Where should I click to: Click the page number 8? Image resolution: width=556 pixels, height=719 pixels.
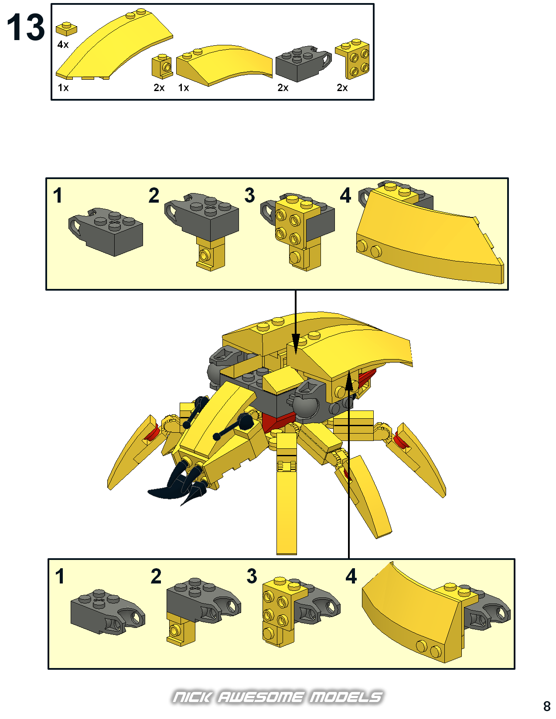point(547,706)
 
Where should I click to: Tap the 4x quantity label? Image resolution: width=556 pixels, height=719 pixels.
point(63,44)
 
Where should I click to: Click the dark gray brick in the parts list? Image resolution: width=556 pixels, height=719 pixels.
point(303,64)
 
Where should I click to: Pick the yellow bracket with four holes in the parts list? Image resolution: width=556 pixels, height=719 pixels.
point(353,58)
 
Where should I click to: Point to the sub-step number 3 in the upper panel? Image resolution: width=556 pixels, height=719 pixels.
point(250,195)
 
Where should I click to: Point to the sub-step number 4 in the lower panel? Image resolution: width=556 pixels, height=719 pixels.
point(351,576)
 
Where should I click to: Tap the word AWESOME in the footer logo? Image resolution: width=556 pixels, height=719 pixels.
point(260,697)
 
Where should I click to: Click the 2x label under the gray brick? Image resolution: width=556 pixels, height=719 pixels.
point(283,88)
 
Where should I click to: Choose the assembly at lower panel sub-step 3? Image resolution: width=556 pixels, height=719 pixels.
point(301,612)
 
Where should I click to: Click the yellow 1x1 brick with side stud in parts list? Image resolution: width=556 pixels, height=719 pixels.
point(162,67)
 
